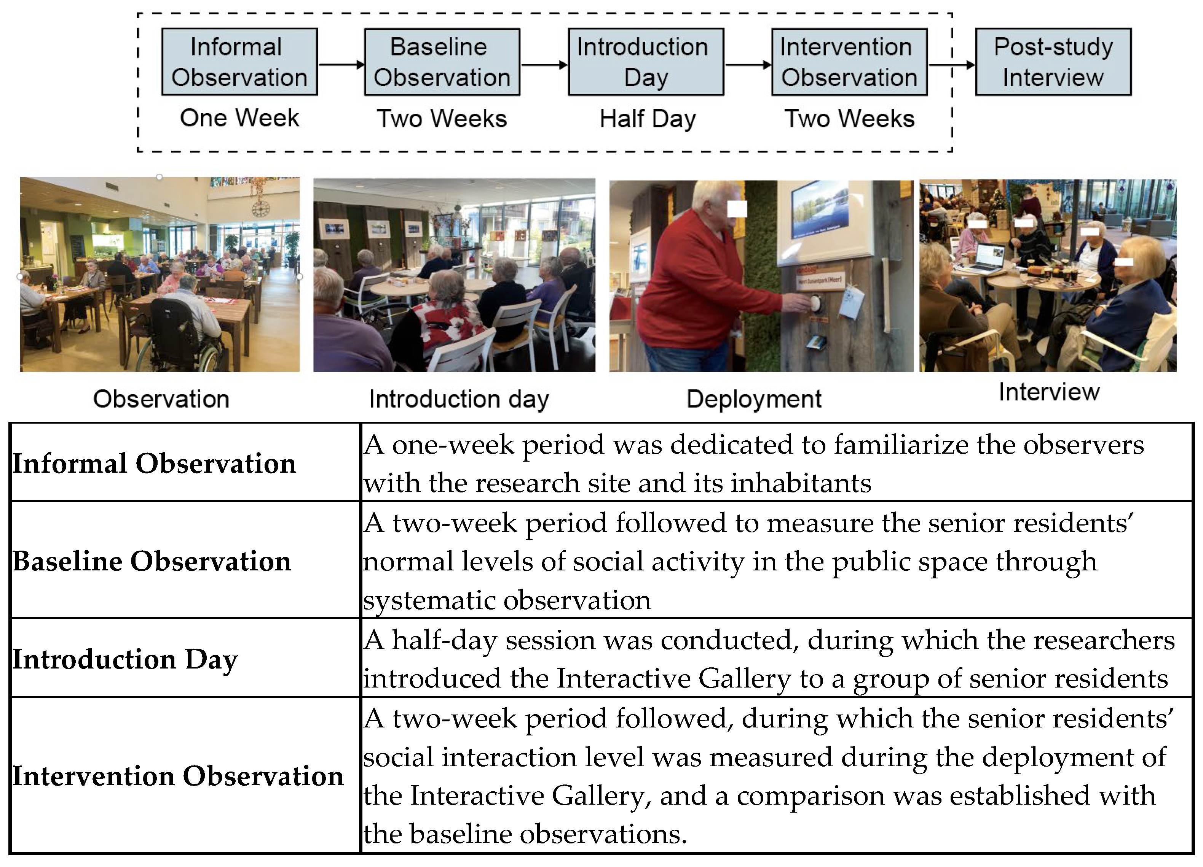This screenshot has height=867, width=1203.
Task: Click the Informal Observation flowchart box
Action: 239,62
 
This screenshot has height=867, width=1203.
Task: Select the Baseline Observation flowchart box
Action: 442,62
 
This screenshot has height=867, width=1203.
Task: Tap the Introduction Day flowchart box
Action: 646,62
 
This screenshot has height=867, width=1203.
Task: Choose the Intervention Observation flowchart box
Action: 849,62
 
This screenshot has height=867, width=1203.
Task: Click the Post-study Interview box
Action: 1053,62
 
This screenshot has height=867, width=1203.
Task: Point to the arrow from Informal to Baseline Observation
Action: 341,65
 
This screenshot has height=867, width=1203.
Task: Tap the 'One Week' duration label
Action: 239,118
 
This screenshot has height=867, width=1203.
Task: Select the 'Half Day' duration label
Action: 647,119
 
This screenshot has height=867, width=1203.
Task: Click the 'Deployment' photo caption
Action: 754,399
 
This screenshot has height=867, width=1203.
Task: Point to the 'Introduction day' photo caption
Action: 459,399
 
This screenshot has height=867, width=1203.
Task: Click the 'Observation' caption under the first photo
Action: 161,399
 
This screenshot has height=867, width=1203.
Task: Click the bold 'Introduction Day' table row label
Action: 125,659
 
